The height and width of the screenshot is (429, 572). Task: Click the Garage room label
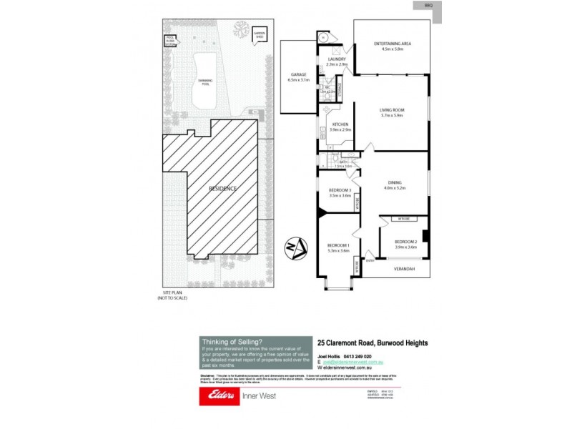[298, 74]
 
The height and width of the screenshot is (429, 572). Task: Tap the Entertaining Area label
[392, 44]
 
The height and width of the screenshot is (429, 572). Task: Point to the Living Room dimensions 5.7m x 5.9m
[392, 115]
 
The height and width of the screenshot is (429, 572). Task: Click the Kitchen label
[340, 124]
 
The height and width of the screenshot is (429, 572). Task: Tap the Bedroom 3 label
[340, 189]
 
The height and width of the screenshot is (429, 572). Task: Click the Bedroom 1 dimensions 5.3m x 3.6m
[338, 250]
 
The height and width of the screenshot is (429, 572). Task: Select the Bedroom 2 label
[405, 242]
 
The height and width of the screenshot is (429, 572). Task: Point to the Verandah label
[405, 270]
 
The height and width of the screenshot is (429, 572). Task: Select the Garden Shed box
[258, 34]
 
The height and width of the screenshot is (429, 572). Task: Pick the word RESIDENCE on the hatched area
[222, 188]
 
